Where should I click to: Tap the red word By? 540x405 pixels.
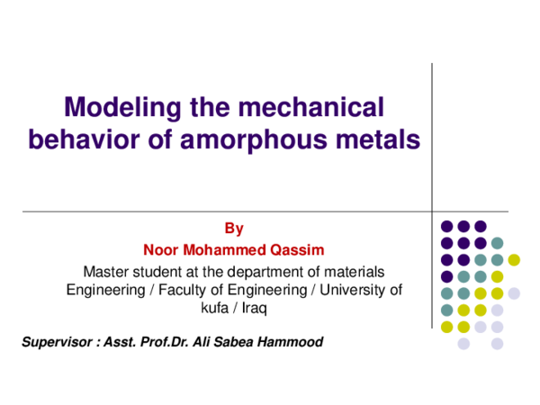click(234, 229)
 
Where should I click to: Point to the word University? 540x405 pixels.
click(358, 289)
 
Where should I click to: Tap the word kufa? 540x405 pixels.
click(214, 308)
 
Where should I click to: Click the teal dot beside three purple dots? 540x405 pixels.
click(497, 243)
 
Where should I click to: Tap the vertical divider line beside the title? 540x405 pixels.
click(433, 135)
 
